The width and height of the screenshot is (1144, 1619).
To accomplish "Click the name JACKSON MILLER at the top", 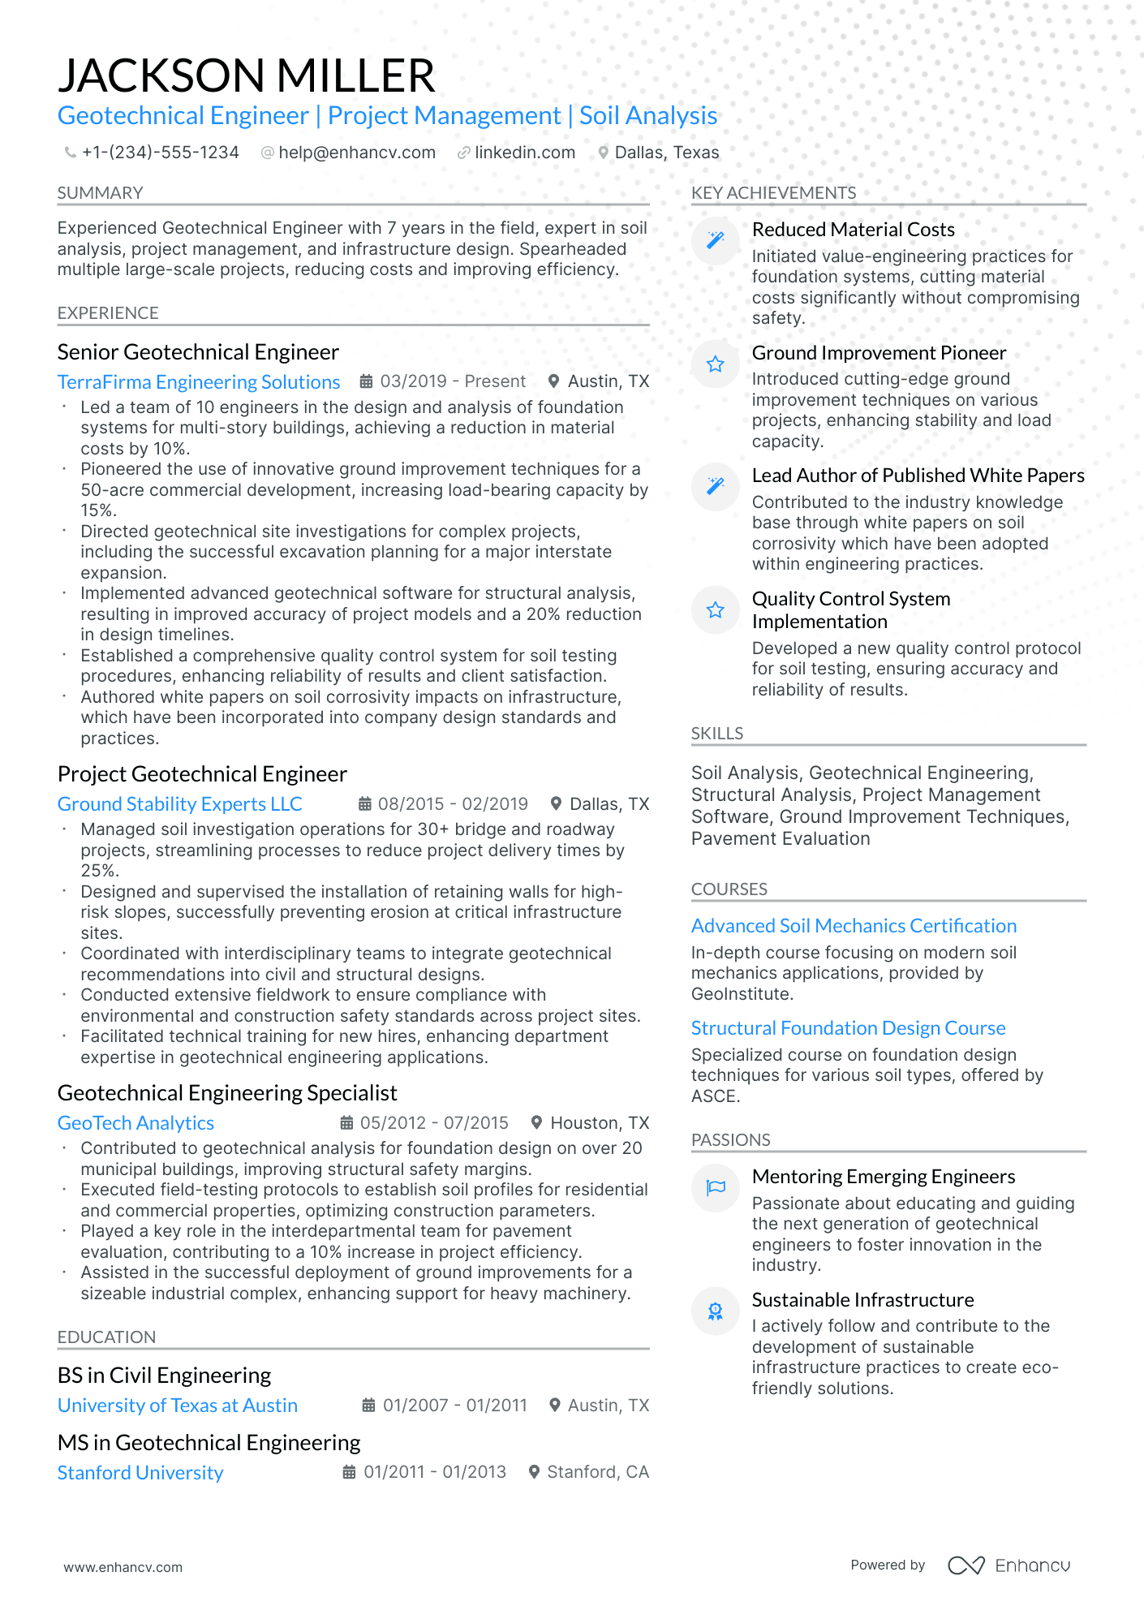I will click(247, 75).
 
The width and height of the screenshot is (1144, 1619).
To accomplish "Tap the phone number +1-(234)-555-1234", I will click(160, 153).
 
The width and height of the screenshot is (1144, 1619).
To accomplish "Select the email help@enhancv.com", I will click(356, 153).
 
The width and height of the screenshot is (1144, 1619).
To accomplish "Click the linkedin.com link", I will click(524, 153).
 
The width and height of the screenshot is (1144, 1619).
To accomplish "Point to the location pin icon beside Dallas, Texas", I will click(604, 153).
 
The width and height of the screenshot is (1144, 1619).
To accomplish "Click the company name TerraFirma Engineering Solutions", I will click(199, 382).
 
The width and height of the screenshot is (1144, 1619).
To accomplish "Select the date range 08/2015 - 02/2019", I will click(453, 804).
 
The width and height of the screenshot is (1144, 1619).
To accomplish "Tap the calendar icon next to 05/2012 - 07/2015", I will click(346, 1123).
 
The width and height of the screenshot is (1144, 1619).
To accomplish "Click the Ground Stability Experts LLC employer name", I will click(179, 804).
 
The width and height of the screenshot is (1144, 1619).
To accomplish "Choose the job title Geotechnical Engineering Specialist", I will click(227, 1093).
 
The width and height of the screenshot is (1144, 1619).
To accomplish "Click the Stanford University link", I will click(140, 1473).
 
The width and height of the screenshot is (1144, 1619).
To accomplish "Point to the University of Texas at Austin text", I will click(178, 1406).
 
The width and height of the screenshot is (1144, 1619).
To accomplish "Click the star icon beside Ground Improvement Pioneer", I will click(715, 364).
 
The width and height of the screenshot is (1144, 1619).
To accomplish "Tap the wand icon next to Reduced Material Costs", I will click(715, 241).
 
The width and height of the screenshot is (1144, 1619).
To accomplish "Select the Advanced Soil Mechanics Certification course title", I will click(854, 926).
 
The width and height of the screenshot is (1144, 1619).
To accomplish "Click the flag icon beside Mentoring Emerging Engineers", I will click(715, 1188).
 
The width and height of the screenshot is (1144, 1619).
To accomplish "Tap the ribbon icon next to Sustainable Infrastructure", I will click(715, 1311).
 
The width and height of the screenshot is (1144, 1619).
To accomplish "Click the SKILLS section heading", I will click(717, 734).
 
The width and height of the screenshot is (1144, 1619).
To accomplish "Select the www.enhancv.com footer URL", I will click(123, 1567).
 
